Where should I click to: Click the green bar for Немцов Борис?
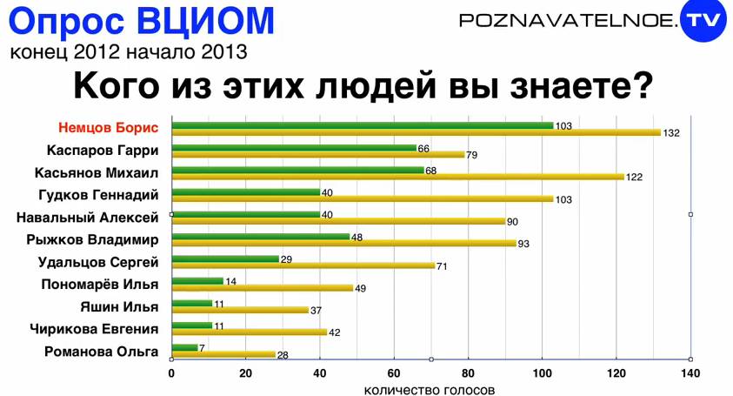tap(363, 125)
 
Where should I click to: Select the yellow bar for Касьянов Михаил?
tap(398, 177)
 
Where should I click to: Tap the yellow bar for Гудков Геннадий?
tap(363, 199)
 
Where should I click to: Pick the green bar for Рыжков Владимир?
tap(261, 237)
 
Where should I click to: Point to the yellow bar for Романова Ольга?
tap(223, 354)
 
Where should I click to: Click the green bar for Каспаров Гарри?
tap(294, 148)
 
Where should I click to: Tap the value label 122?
tap(636, 178)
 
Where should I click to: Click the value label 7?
tap(202, 348)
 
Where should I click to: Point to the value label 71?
tap(442, 266)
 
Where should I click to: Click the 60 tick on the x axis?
tap(394, 373)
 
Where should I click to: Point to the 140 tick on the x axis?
tap(690, 373)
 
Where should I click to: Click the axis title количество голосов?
tap(430, 389)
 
